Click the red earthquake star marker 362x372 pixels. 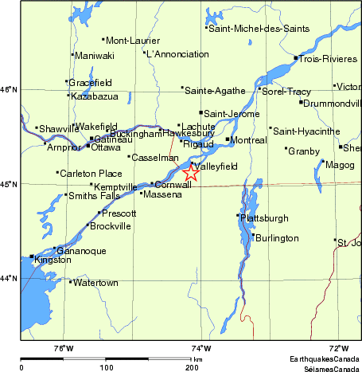click(192, 172)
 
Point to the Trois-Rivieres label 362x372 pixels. click(321, 57)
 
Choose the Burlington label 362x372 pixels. click(277, 238)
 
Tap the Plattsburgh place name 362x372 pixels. click(264, 217)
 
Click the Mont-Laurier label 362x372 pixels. click(131, 40)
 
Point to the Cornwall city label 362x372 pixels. click(173, 185)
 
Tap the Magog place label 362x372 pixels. click(341, 165)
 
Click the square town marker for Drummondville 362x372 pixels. click(302, 102)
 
